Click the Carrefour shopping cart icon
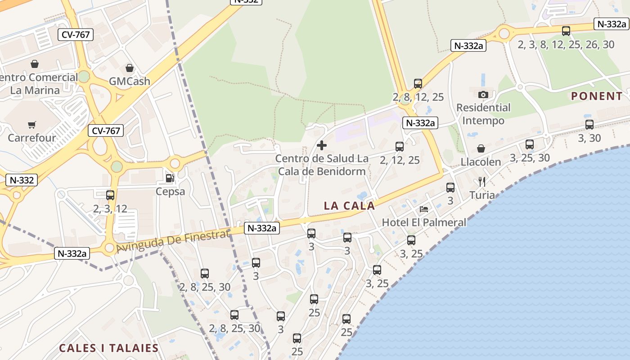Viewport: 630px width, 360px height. [x=31, y=125]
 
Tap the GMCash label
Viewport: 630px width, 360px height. [x=130, y=81]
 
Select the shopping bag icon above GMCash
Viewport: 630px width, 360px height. [x=130, y=68]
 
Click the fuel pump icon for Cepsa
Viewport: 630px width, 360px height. [x=170, y=178]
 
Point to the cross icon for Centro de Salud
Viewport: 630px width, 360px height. [x=322, y=145]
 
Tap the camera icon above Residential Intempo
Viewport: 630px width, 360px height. [x=483, y=94]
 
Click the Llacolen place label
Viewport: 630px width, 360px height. [x=481, y=162]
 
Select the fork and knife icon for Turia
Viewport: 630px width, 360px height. [x=481, y=182]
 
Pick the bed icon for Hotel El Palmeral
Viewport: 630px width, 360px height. [x=424, y=209]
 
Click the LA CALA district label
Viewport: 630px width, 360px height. [x=349, y=206]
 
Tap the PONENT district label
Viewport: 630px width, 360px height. [x=597, y=96]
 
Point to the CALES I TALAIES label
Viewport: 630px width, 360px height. [x=109, y=348]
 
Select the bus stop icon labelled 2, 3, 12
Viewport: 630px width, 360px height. [x=110, y=195]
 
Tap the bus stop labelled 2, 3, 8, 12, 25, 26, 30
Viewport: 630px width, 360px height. [x=566, y=31]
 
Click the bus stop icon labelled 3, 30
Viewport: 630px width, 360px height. [x=589, y=125]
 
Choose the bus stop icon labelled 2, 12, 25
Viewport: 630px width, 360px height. [x=400, y=147]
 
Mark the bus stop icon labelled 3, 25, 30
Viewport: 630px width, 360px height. [x=530, y=144]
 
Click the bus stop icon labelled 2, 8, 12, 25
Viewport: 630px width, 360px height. [x=418, y=84]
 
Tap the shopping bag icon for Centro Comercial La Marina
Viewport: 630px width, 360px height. [x=35, y=64]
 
